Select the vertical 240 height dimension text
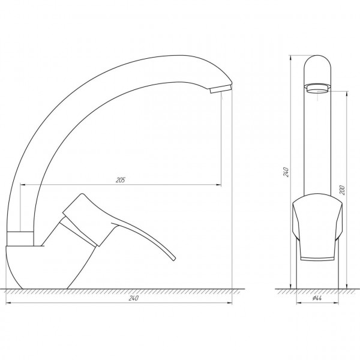click(x=287, y=172)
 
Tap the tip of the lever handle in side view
click(x=173, y=259)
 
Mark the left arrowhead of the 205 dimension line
click(x=22, y=183)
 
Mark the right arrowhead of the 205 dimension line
click(x=220, y=183)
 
